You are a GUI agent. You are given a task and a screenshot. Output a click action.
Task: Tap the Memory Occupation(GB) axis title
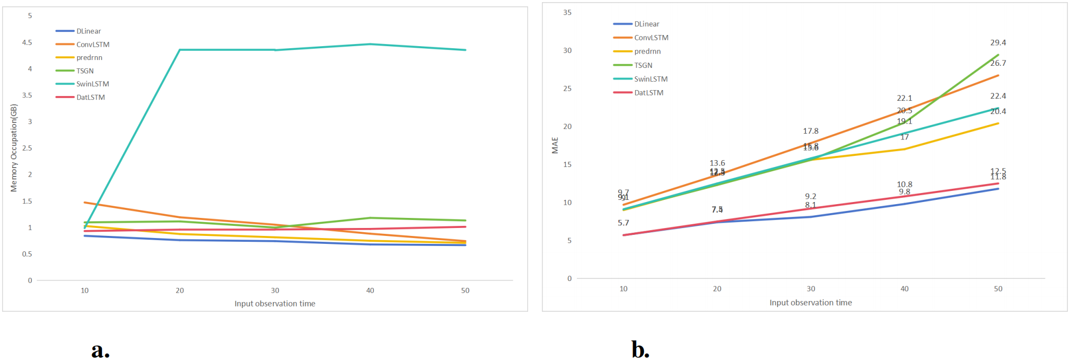pos(14,148)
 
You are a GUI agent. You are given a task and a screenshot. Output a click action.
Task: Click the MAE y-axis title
pos(555,145)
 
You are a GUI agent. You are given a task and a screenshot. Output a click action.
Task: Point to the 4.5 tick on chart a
pos(27,42)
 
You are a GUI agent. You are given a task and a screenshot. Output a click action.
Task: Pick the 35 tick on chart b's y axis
pos(567,12)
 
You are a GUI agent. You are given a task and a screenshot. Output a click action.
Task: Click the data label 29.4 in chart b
pos(998,42)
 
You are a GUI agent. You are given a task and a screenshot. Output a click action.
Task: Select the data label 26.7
pos(998,63)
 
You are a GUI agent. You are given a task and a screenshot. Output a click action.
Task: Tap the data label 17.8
pos(810,131)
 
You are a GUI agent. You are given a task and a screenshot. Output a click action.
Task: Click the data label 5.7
pos(623,223)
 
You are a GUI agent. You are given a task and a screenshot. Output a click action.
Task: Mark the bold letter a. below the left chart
pos(100,349)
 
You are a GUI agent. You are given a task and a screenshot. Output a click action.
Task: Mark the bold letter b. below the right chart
pos(640,349)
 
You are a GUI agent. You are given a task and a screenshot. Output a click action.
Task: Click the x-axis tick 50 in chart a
pos(465,291)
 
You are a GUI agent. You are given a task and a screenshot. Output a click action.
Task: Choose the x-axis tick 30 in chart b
pos(811,289)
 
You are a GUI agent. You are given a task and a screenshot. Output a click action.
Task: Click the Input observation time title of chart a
pos(275,304)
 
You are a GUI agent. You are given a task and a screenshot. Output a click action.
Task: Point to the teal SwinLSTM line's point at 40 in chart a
pos(370,44)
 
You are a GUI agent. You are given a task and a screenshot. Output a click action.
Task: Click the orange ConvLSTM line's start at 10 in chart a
pos(85,203)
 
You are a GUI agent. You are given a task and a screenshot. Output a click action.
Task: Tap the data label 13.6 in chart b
pos(717,163)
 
